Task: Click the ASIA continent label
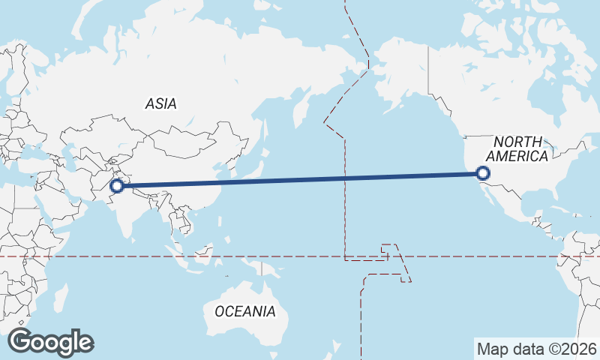[x=161, y=104]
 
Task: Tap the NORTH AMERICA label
[x=517, y=149]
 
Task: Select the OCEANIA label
[x=245, y=311]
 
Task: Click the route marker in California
[x=483, y=174]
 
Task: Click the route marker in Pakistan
[x=117, y=185]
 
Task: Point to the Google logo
[x=50, y=342]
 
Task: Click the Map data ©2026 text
[x=537, y=349]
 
